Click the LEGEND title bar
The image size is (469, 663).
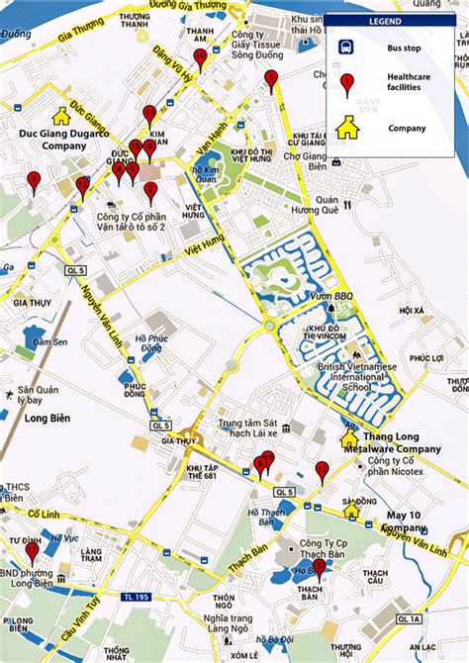(390, 22)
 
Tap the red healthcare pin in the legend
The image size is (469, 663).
(347, 85)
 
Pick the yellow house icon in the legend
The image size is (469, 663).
(347, 127)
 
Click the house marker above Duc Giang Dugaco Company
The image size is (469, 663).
(61, 117)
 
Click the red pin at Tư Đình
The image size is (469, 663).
(32, 551)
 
